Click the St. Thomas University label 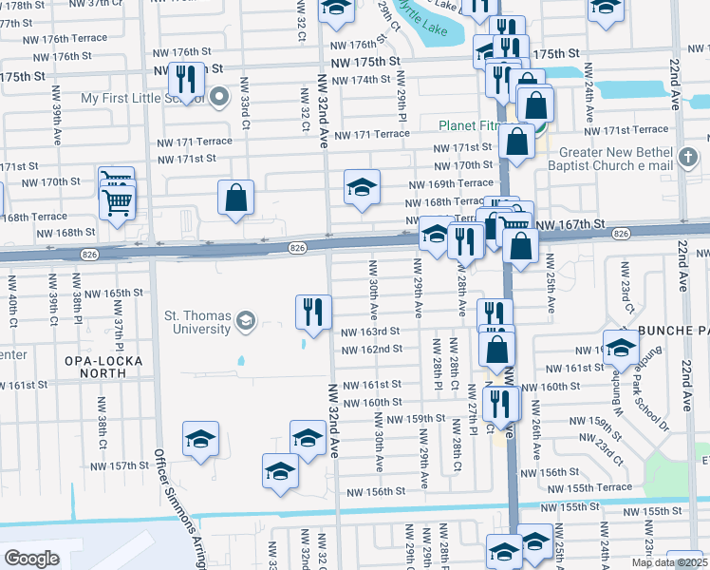[185, 323]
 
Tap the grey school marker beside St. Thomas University [247, 320]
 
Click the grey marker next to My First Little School [219, 96]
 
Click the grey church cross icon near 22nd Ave [689, 154]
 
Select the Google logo [30, 559]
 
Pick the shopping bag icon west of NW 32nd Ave [236, 198]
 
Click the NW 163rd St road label [366, 332]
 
